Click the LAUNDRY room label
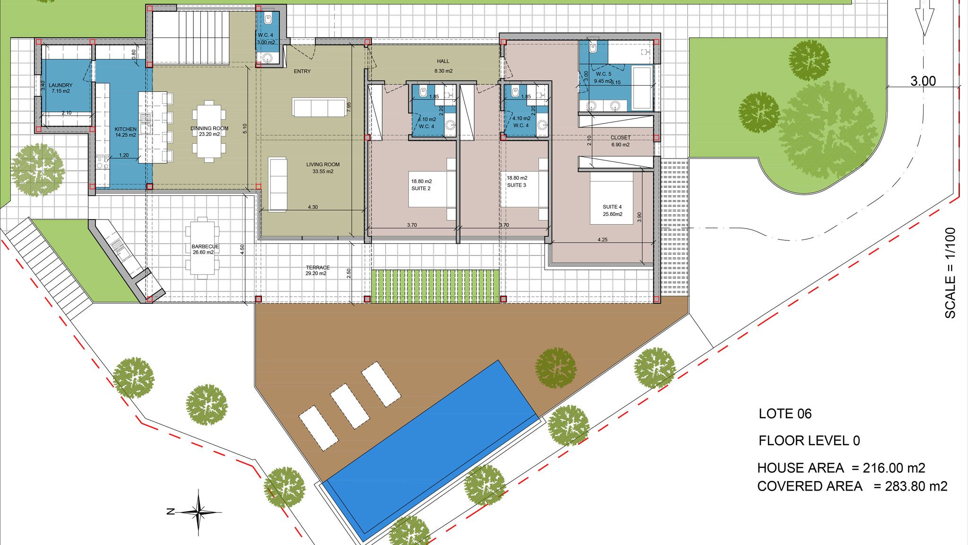pos(60,88)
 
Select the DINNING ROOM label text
pos(209,131)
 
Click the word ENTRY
pos(302,71)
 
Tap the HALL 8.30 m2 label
pos(443,66)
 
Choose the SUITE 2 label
pos(421,185)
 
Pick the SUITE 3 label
pos(517,182)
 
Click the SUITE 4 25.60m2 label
pos(612,211)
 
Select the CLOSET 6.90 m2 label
pos(620,141)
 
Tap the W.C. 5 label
pos(604,77)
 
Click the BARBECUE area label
pos(203,249)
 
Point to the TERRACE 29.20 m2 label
pos(318,270)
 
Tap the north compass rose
pos(199,512)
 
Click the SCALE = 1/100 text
pos(950,273)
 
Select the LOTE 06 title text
pos(785,414)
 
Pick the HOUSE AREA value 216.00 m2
pos(894,468)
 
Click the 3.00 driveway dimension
pos(923,81)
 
